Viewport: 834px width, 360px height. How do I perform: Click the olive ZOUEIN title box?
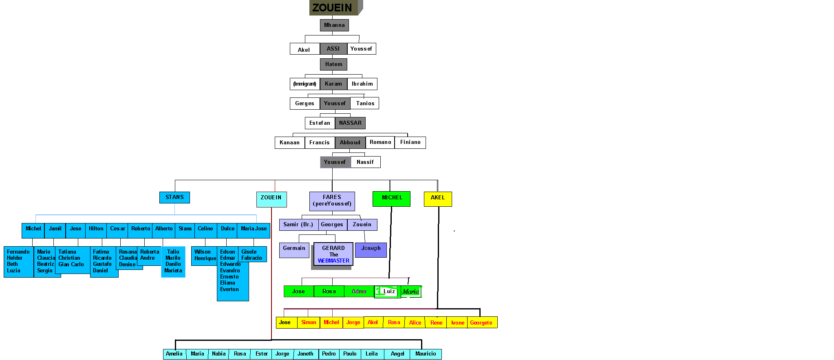(333, 8)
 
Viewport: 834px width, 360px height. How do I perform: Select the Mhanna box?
(334, 25)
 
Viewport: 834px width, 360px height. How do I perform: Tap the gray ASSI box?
(333, 49)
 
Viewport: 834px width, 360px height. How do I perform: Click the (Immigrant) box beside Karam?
(304, 84)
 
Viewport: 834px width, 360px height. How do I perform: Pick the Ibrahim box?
(362, 84)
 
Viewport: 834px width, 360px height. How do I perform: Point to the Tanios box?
(365, 104)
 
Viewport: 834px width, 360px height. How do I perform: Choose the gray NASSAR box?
(350, 123)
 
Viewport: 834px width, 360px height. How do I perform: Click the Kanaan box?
(289, 143)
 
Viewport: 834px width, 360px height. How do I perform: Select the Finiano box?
(410, 142)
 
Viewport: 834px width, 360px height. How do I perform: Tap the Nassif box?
(365, 162)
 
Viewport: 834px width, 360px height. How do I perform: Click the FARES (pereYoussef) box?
(332, 201)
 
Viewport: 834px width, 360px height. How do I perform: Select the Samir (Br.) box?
(298, 225)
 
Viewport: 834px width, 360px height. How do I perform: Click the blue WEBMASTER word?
(333, 261)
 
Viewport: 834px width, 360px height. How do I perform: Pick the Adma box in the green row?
(359, 292)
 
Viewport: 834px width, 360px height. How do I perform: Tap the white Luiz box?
(389, 292)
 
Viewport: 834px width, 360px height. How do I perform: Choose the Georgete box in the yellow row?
(481, 322)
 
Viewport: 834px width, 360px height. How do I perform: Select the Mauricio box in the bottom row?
(426, 354)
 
